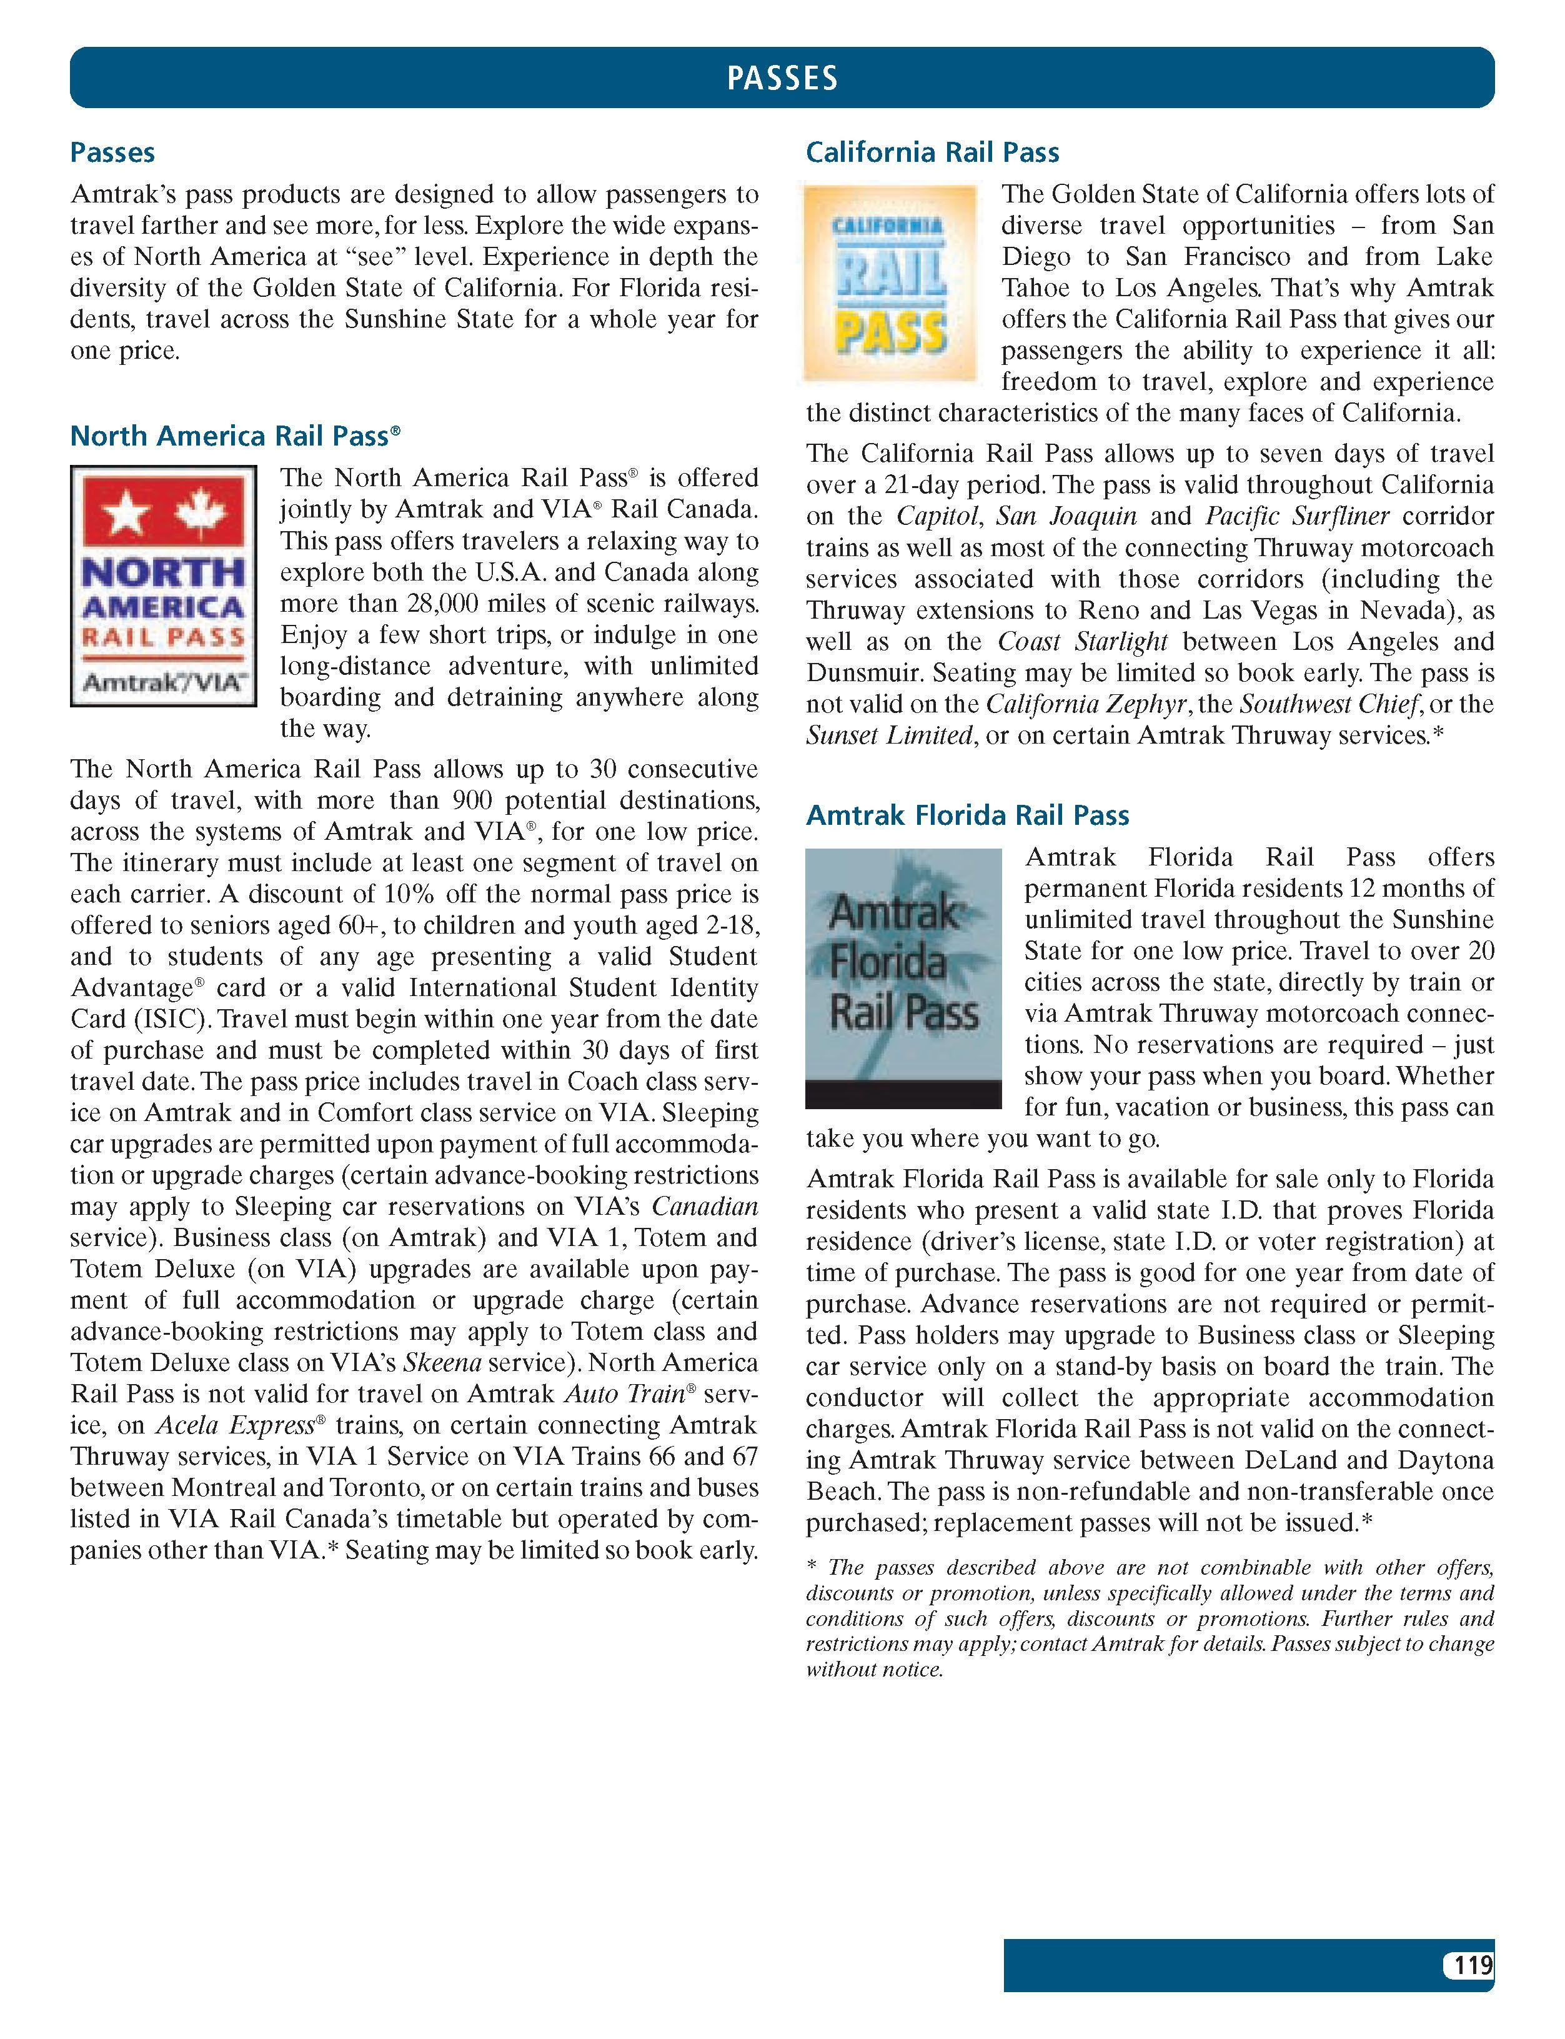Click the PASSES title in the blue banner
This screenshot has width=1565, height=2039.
coord(782,78)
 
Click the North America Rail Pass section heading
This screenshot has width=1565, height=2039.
coord(235,436)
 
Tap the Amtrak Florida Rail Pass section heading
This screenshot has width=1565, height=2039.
coord(967,815)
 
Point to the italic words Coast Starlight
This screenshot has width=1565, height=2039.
coord(1083,642)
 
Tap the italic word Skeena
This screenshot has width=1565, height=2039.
coord(442,1363)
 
